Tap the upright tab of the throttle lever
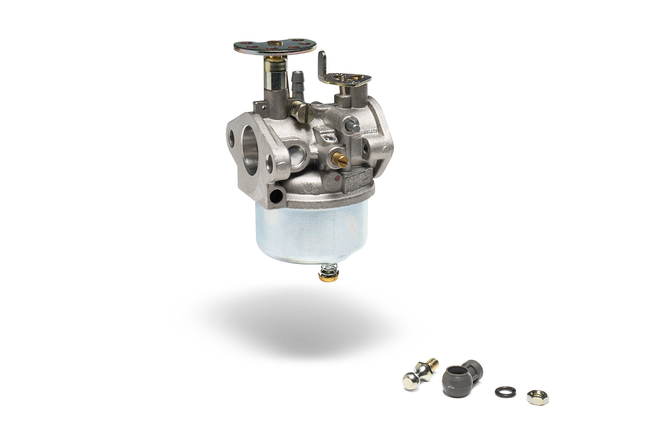(x=322, y=66)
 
